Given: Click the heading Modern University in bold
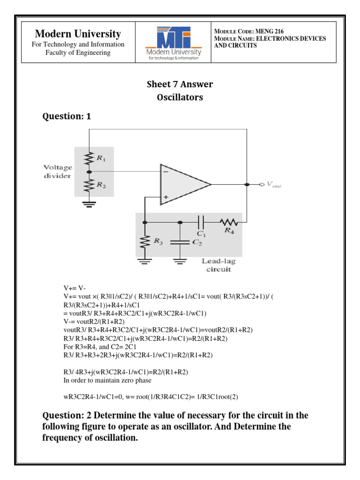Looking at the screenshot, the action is (78, 34).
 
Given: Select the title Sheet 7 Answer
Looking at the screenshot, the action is (180, 84).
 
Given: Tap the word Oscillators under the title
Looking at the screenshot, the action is (180, 97).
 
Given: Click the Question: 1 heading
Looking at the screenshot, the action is (67, 117).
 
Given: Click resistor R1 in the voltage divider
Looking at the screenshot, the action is (89, 159).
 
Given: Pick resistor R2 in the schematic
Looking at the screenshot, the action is (89, 186).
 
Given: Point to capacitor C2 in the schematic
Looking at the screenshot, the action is (180, 242).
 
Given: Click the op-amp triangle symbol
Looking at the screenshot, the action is (185, 184).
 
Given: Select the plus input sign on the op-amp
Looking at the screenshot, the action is (165, 197).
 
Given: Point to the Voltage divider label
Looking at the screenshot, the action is (58, 171).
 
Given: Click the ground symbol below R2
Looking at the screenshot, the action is (89, 203).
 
